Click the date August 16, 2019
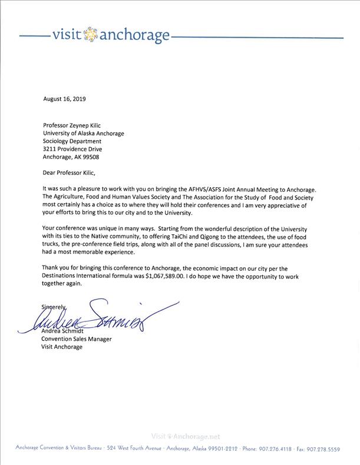tap(64, 99)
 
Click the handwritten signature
tap(106, 318)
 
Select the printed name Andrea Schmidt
tap(63, 331)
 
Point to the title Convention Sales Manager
tap(77, 339)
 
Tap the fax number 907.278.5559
tap(326, 449)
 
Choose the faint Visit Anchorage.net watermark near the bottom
tap(186, 437)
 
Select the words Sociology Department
tap(72, 141)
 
